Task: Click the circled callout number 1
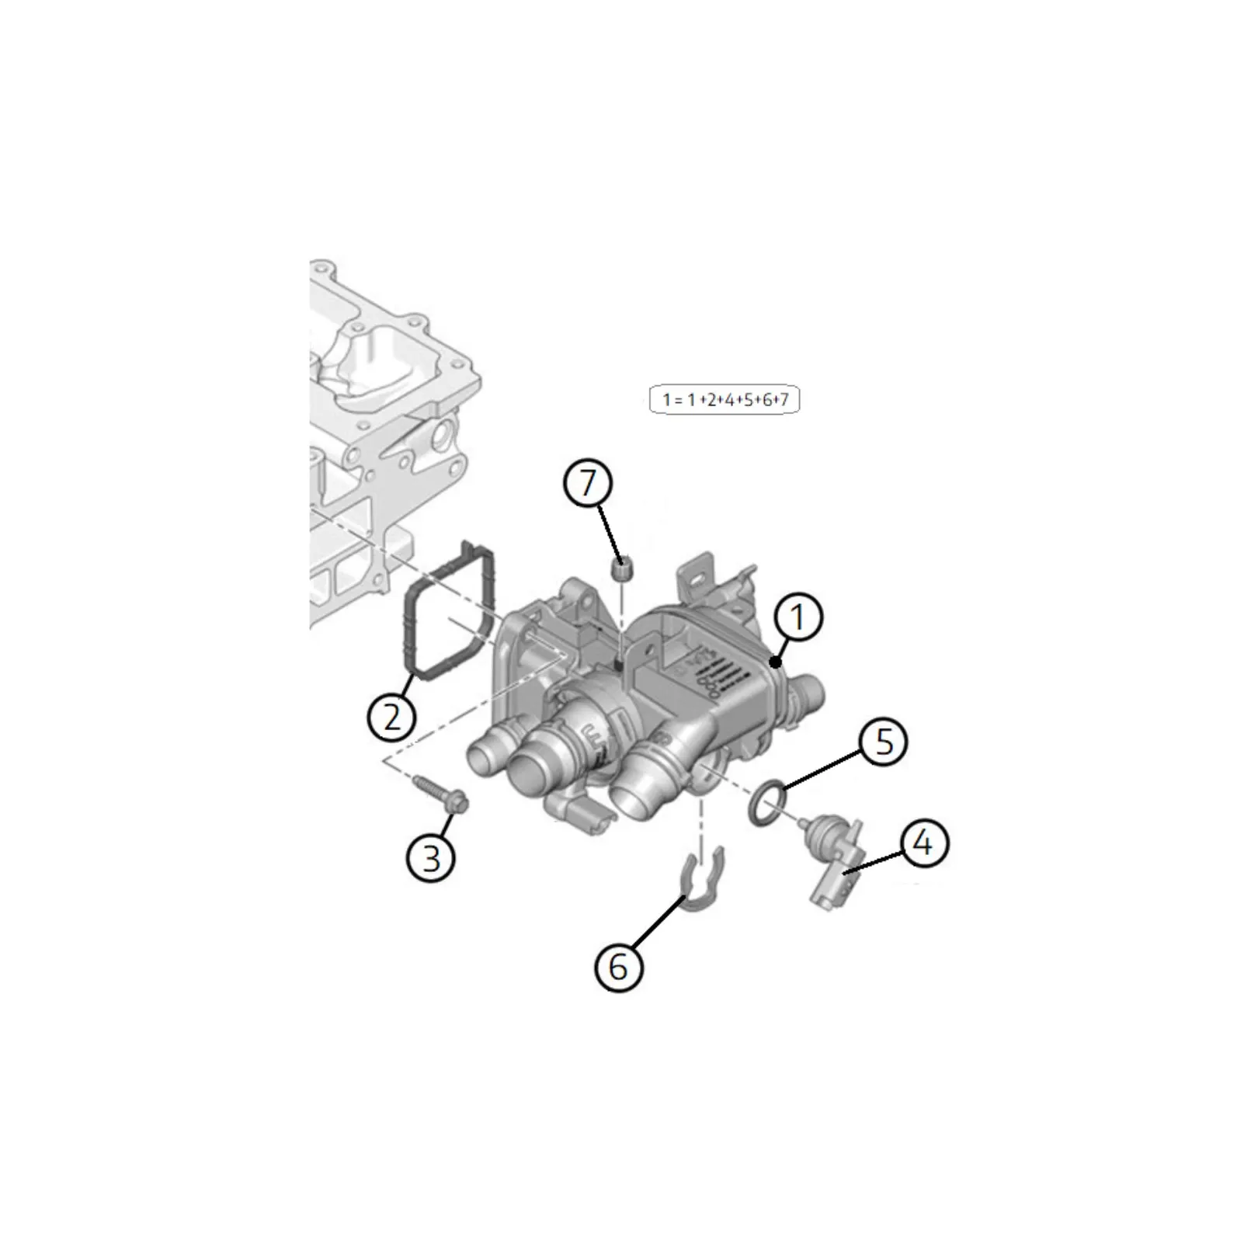point(798,617)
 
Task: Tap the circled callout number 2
point(392,716)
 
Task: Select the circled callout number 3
point(431,858)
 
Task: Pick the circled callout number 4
point(923,842)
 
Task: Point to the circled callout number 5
point(884,742)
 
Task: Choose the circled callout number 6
point(618,968)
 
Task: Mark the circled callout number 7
point(588,483)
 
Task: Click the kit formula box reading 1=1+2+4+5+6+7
point(725,400)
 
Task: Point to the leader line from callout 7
point(609,533)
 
